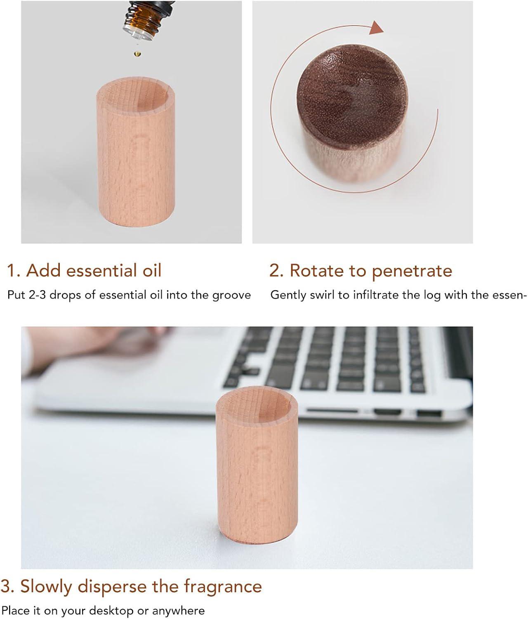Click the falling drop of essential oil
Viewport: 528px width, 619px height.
point(137,54)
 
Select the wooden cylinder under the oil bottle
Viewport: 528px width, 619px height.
point(136,152)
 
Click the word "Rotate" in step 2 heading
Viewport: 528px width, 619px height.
point(316,271)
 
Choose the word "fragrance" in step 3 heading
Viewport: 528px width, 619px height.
point(223,587)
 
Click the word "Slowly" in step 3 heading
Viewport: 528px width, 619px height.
point(46,587)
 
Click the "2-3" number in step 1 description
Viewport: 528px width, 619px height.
point(38,295)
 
